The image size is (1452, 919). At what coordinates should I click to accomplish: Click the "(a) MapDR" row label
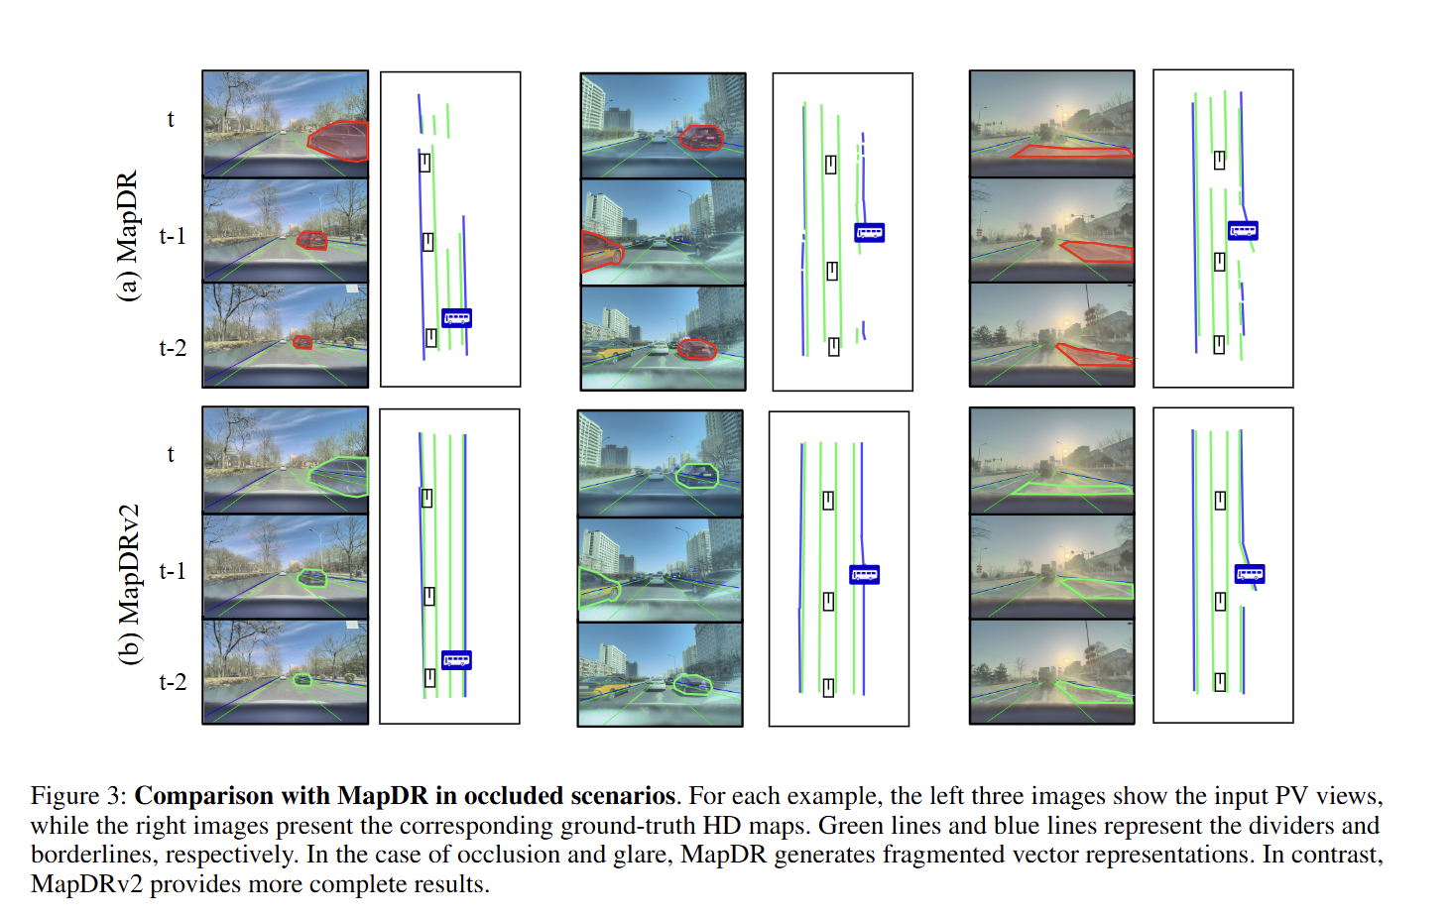pos(128,236)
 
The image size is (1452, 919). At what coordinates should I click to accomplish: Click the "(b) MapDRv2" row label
pos(129,584)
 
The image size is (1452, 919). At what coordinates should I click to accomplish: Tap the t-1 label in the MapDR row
pos(173,236)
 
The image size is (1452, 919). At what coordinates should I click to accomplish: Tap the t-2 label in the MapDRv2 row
pos(173,682)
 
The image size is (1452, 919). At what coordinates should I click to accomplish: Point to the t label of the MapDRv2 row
pos(171,454)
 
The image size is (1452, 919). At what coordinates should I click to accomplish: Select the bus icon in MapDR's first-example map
pos(456,318)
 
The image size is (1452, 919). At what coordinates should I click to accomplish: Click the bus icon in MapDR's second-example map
pos(869,233)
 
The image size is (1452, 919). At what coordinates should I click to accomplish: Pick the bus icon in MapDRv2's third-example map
pos(1250,574)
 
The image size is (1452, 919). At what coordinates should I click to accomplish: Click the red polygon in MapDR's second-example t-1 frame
pos(599,251)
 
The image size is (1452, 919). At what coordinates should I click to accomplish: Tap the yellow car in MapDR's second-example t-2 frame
pos(608,350)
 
